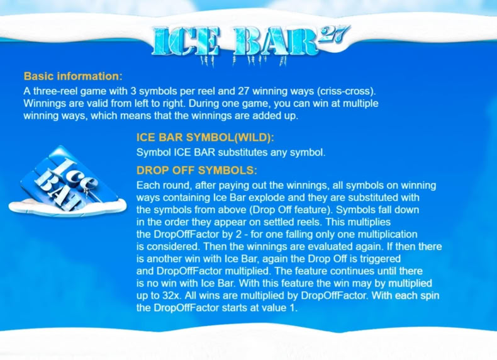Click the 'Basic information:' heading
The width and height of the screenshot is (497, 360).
pos(73,76)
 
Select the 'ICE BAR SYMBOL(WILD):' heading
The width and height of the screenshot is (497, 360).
pos(205,137)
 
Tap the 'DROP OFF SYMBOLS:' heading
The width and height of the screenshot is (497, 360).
pos(196,171)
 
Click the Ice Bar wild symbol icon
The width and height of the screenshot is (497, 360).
pos(67,181)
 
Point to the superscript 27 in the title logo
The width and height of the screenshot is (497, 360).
pos(334,34)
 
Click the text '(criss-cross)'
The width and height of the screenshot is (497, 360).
pos(346,91)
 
